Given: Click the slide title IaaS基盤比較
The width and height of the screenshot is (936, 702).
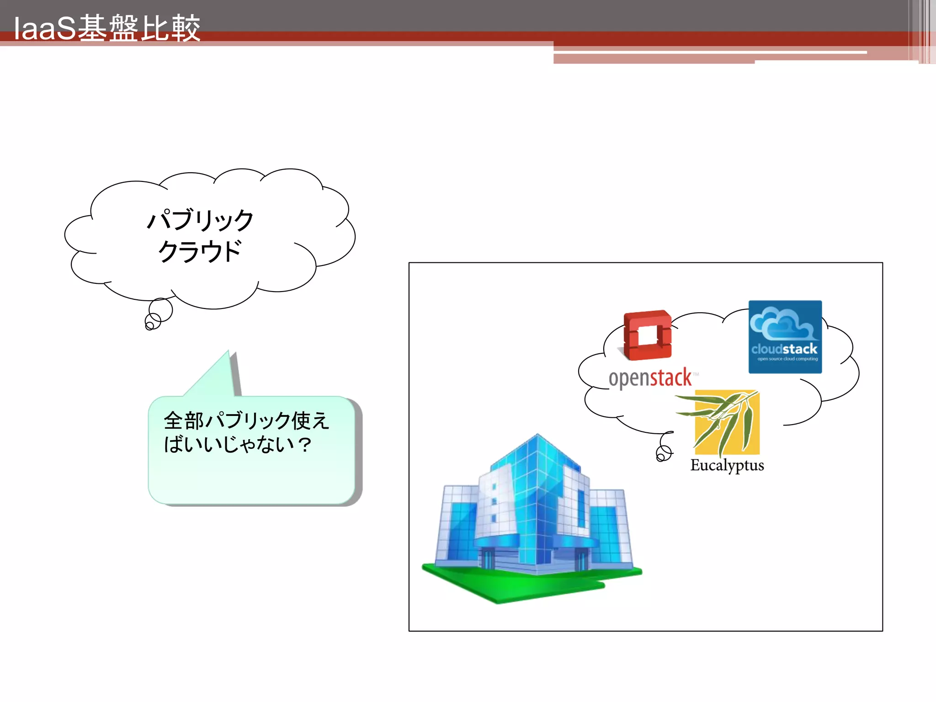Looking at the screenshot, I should (x=107, y=28).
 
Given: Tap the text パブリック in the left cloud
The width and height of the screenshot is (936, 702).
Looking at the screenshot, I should (x=200, y=220).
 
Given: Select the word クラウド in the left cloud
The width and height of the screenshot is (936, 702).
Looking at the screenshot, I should (x=200, y=251).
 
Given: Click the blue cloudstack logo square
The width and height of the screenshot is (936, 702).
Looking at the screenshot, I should (x=785, y=337).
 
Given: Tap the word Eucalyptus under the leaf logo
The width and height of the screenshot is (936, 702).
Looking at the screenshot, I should (x=727, y=465).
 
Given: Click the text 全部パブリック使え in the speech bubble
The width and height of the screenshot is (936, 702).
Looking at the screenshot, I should (x=246, y=420).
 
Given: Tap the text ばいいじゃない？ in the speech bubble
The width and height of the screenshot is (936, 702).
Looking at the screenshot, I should (x=238, y=444).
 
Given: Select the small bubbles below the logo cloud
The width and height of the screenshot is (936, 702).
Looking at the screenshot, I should (x=664, y=450).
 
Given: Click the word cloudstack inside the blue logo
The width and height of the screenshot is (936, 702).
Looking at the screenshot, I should (x=784, y=349).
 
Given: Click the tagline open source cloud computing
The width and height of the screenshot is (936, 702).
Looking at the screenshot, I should (x=787, y=359).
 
